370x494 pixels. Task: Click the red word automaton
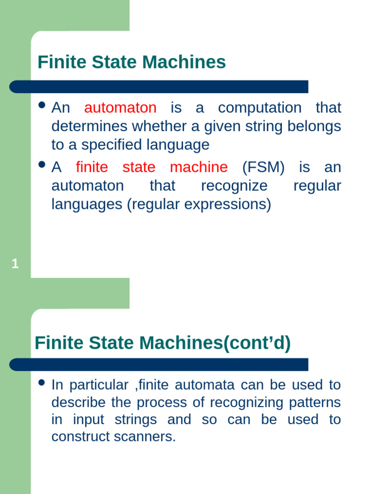coord(120,108)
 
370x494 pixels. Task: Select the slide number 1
coord(15,264)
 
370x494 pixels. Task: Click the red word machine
coord(198,167)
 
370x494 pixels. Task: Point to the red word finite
coord(92,167)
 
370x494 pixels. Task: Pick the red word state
coord(139,167)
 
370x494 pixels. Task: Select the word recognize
coord(234,186)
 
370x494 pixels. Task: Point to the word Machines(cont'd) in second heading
coord(215,343)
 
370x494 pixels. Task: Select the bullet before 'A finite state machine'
coord(41,165)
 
